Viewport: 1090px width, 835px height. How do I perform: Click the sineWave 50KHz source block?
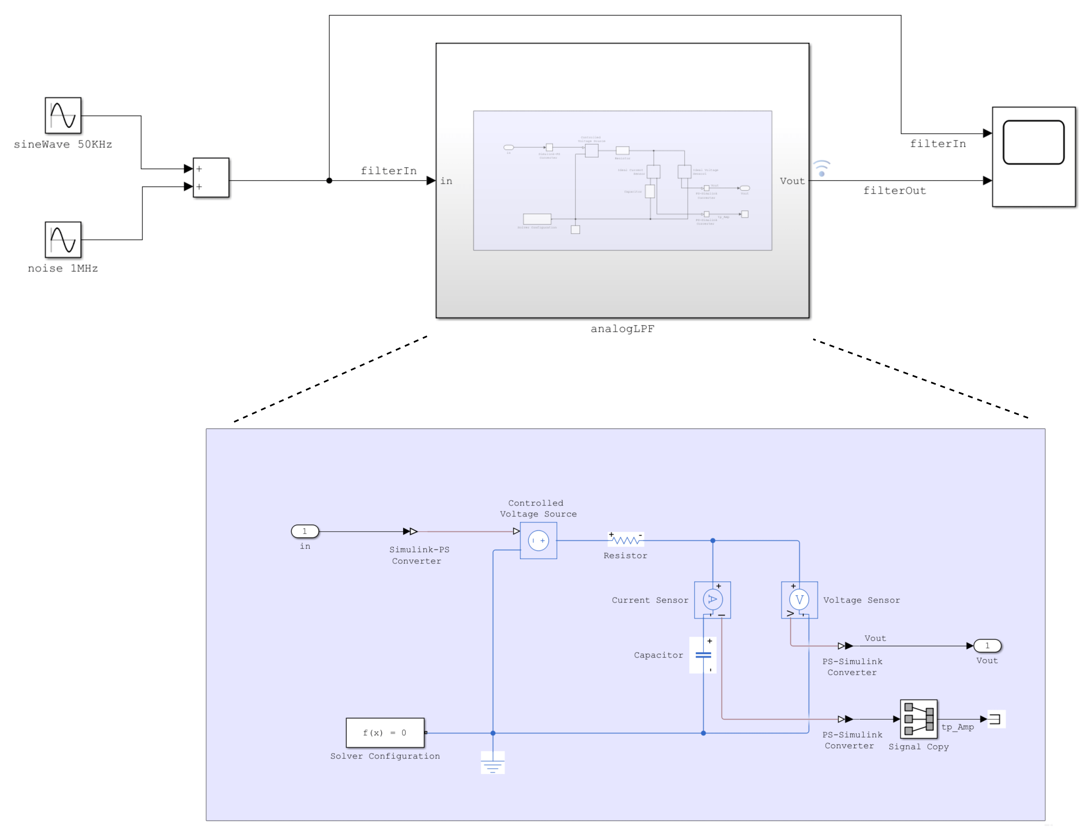pyautogui.click(x=63, y=115)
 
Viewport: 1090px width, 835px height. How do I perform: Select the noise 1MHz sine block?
pyautogui.click(x=63, y=239)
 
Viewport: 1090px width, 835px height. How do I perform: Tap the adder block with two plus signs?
pyautogui.click(x=211, y=177)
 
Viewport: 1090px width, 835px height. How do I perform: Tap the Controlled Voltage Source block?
pyautogui.click(x=538, y=540)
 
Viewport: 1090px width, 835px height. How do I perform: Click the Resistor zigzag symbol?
pyautogui.click(x=626, y=540)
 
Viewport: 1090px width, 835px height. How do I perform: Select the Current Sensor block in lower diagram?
pyautogui.click(x=712, y=600)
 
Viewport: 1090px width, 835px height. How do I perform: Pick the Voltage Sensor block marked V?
pyautogui.click(x=799, y=600)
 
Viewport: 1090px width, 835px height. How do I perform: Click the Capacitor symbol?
pyautogui.click(x=703, y=655)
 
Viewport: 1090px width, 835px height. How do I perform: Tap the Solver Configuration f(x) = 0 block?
pyautogui.click(x=385, y=733)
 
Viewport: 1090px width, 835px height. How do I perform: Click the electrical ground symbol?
pyautogui.click(x=493, y=763)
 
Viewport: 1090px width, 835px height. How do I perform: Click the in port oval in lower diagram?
pyautogui.click(x=305, y=531)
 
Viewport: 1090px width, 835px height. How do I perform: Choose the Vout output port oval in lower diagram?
pyautogui.click(x=987, y=646)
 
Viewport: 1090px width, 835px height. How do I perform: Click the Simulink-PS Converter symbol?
pyautogui.click(x=410, y=531)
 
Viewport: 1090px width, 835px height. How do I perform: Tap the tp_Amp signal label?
pyautogui.click(x=958, y=727)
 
